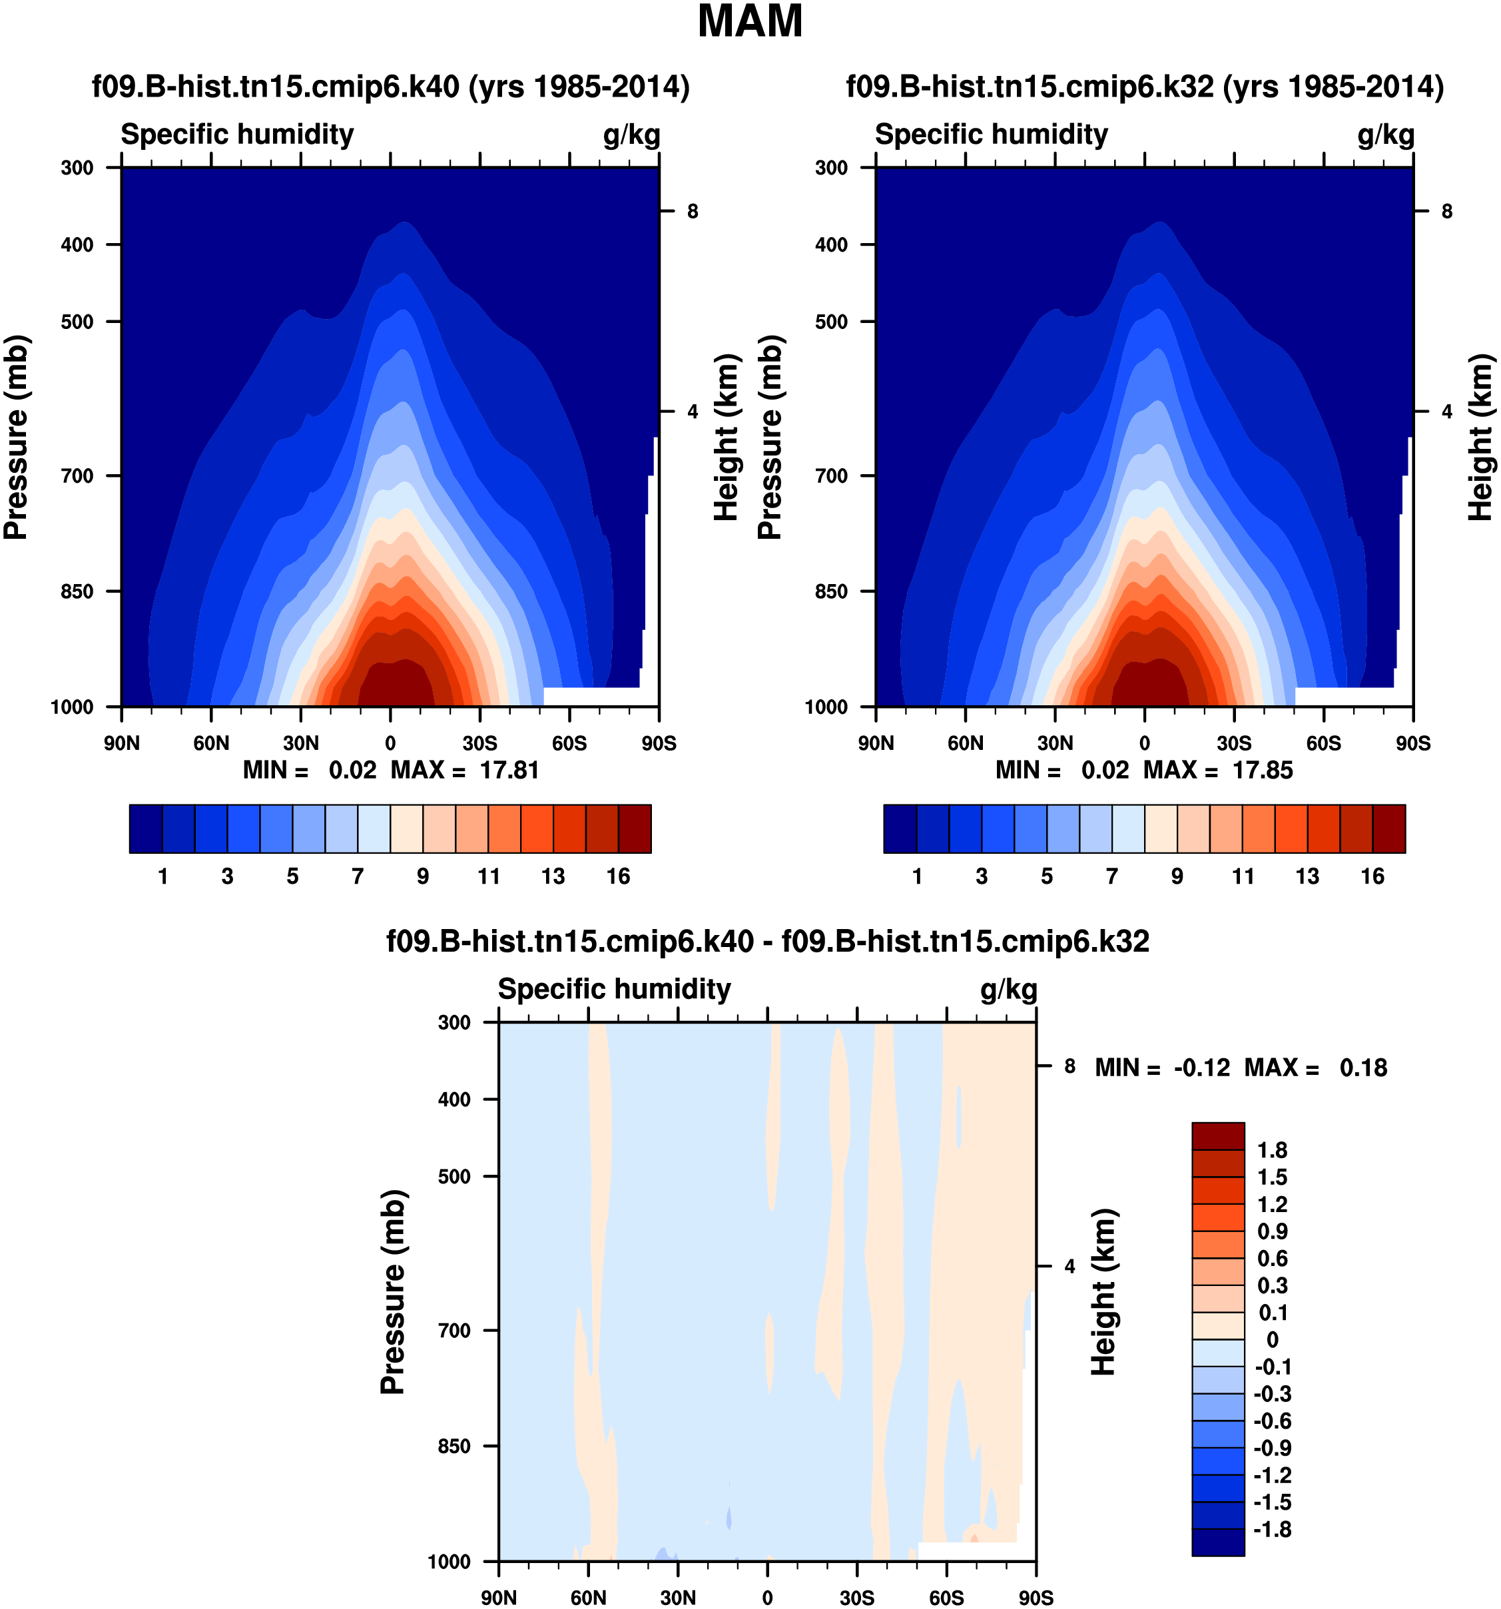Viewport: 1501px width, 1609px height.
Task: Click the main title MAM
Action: click(x=750, y=22)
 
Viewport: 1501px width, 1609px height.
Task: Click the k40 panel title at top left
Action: click(x=391, y=87)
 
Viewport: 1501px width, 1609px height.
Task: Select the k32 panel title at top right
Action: click(x=1145, y=87)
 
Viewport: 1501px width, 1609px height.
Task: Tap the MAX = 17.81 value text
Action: click(x=465, y=770)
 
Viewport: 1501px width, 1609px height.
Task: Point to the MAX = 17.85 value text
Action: click(x=1218, y=770)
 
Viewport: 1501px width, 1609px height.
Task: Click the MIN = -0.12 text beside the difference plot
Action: click(x=1162, y=1068)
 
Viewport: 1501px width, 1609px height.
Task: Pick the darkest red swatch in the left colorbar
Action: click(x=635, y=828)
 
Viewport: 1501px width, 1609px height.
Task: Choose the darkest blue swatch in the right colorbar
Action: click(x=900, y=828)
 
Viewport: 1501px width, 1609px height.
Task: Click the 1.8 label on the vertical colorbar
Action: click(x=1272, y=1150)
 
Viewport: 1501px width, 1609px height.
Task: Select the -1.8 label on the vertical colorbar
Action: click(x=1272, y=1529)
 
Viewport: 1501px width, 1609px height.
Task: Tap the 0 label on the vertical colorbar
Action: click(x=1272, y=1339)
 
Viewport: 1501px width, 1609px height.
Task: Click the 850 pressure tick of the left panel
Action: click(x=78, y=591)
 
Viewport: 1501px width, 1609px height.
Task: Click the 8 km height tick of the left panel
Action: click(x=693, y=211)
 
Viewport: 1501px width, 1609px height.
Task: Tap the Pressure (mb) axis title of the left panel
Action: click(x=16, y=437)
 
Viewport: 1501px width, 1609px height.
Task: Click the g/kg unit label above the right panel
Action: click(x=1386, y=135)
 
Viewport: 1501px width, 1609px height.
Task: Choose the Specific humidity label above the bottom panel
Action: click(x=614, y=989)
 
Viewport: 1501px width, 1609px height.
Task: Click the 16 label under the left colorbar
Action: click(x=618, y=876)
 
